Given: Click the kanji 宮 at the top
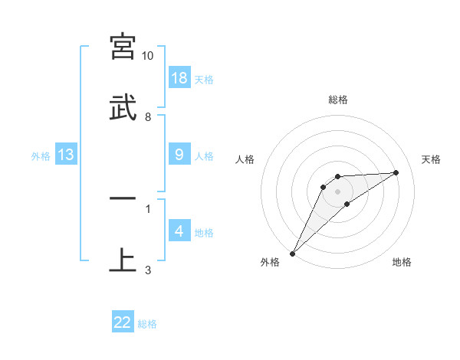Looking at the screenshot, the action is tap(123, 47).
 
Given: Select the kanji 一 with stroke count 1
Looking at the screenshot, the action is tap(123, 198).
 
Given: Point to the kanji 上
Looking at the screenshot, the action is tap(123, 260).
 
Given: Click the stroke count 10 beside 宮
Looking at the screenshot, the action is tap(148, 56).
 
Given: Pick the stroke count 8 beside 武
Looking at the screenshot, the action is tap(148, 117).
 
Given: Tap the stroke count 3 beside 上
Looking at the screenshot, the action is tap(148, 270).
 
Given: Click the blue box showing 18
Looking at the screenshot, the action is tap(179, 78).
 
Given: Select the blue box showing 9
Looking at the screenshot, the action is tap(179, 155).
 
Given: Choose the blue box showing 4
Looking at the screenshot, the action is tap(179, 231).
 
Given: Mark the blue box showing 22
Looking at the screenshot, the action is tap(123, 322).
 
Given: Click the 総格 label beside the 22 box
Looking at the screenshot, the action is tap(148, 324).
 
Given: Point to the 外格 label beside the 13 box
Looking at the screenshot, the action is tap(41, 156).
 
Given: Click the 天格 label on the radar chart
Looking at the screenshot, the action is tap(432, 159).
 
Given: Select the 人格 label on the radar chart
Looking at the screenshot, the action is tap(245, 159).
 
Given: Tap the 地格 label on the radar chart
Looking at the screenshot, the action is tap(402, 262).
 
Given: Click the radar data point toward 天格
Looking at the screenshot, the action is tap(396, 172).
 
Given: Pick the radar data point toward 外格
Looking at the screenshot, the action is tap(293, 253).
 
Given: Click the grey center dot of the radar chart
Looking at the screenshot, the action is tap(337, 191).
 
